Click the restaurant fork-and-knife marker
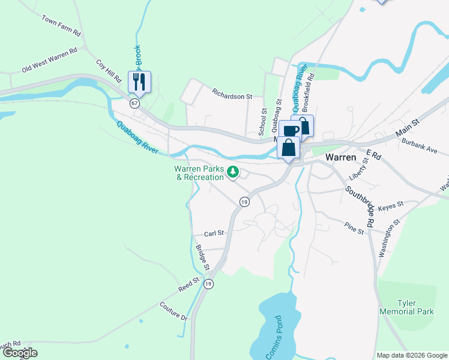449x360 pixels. tap(139, 82)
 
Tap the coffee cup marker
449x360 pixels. tap(290, 130)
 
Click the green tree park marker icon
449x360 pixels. tap(234, 173)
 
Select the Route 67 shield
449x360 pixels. tap(135, 103)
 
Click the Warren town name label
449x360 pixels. tap(341, 157)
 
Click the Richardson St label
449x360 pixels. tap(232, 95)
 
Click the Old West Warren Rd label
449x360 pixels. tap(50, 60)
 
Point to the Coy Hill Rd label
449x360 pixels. tap(109, 70)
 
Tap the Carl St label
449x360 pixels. tap(214, 233)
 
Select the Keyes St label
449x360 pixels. tap(391, 206)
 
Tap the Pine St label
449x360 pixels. tap(355, 227)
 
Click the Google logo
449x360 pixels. tap(19, 353)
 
